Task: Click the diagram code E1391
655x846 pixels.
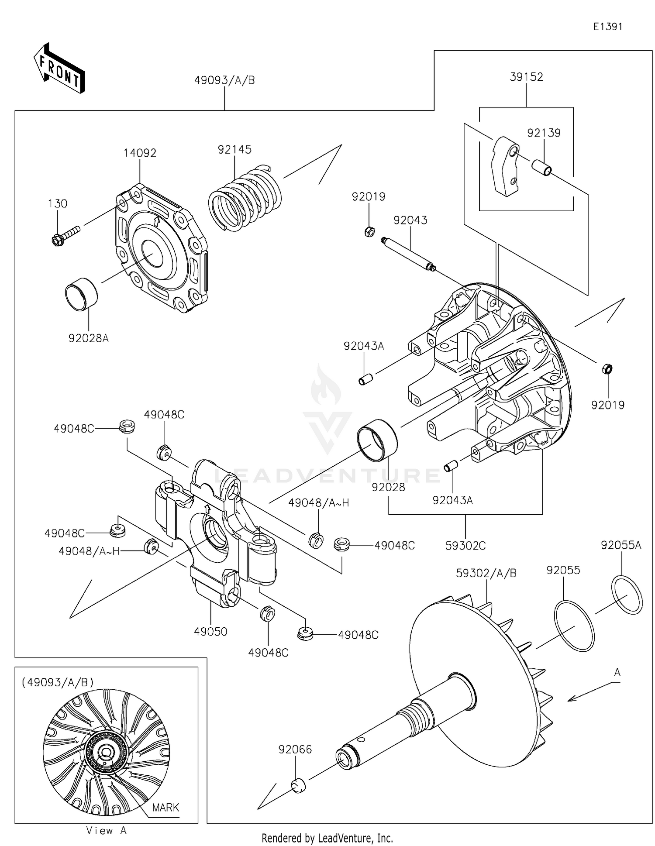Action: (x=607, y=27)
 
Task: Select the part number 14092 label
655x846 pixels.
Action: (x=140, y=153)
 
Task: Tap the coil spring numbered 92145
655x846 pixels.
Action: (x=245, y=199)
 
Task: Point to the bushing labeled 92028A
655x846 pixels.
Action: (x=82, y=294)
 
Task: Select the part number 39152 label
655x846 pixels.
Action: (x=526, y=77)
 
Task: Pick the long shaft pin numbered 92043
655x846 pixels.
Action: (x=408, y=254)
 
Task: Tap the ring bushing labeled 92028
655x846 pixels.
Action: (x=377, y=440)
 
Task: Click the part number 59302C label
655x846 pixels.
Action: (x=465, y=546)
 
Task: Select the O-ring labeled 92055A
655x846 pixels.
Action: (x=627, y=595)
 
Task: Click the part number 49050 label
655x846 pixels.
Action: (x=210, y=632)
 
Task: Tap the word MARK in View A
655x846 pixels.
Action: (x=165, y=807)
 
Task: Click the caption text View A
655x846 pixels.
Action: (x=106, y=831)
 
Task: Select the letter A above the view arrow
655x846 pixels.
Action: (x=617, y=673)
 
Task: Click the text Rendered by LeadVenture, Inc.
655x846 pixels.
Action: (x=327, y=838)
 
